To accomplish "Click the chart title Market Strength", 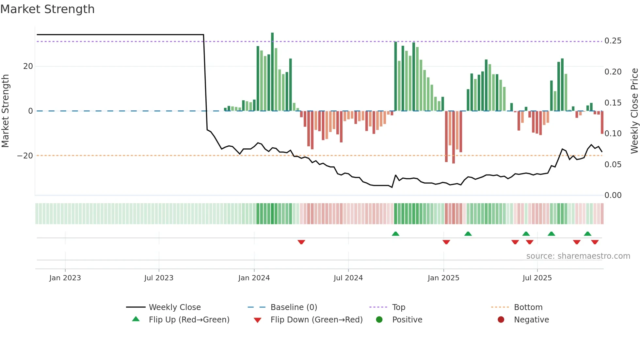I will click(x=47, y=9).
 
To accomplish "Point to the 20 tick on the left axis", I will click(x=28, y=66).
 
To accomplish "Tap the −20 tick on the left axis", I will click(x=25, y=156).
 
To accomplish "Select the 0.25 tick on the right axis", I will click(x=613, y=41).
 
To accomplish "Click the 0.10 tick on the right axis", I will click(x=613, y=134).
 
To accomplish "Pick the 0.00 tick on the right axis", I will click(x=613, y=195).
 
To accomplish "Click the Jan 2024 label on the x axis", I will click(x=254, y=278).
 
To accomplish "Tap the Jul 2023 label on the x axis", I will click(x=159, y=278).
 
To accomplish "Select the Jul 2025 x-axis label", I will click(x=537, y=278).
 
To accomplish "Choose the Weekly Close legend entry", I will click(x=175, y=307).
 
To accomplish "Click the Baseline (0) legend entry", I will click(x=294, y=307).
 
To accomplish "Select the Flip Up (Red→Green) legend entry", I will click(x=189, y=320).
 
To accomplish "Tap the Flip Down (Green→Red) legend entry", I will click(x=316, y=320).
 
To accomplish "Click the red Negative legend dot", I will click(x=501, y=320).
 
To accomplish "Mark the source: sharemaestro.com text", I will click(x=578, y=256).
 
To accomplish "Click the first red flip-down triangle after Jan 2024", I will click(x=301, y=242).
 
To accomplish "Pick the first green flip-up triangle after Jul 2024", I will click(x=395, y=234).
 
